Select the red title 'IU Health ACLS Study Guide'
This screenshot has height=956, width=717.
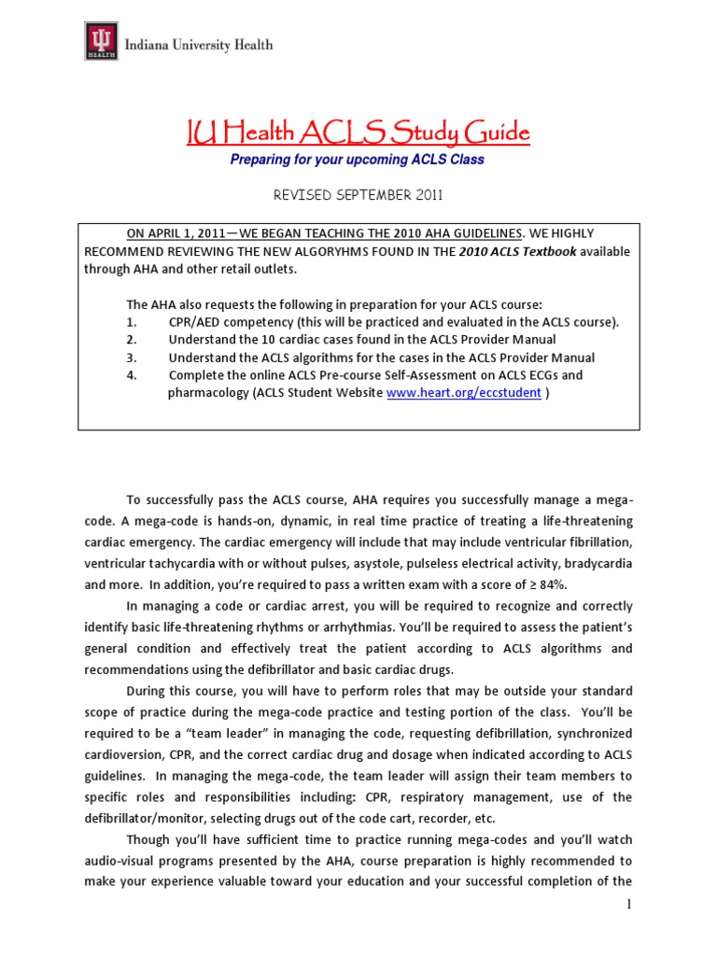click(x=358, y=134)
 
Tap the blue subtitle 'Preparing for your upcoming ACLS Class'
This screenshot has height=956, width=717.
click(x=358, y=160)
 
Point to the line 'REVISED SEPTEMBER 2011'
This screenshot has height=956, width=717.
click(x=358, y=195)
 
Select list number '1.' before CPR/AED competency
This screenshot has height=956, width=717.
click(x=132, y=322)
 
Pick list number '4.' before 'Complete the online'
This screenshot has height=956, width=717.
click(x=132, y=375)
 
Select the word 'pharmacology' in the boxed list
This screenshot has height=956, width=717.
click(x=210, y=393)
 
